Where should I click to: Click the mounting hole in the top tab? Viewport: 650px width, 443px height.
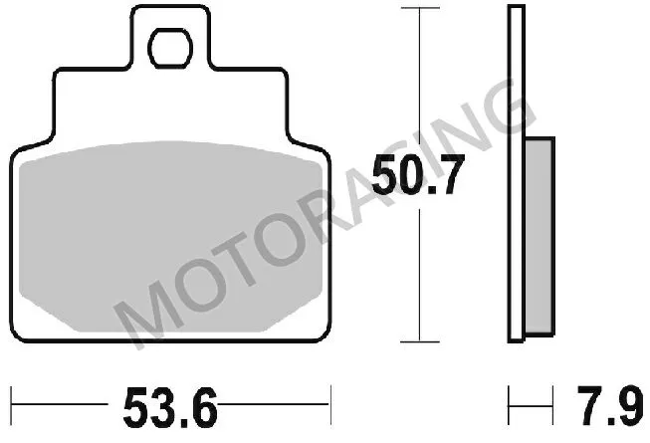pos(171,48)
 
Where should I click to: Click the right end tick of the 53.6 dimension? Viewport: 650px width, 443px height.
pos(328,405)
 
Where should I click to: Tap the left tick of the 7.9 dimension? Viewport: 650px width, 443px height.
pos(510,405)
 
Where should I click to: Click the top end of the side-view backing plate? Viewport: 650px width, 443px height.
pos(516,9)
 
